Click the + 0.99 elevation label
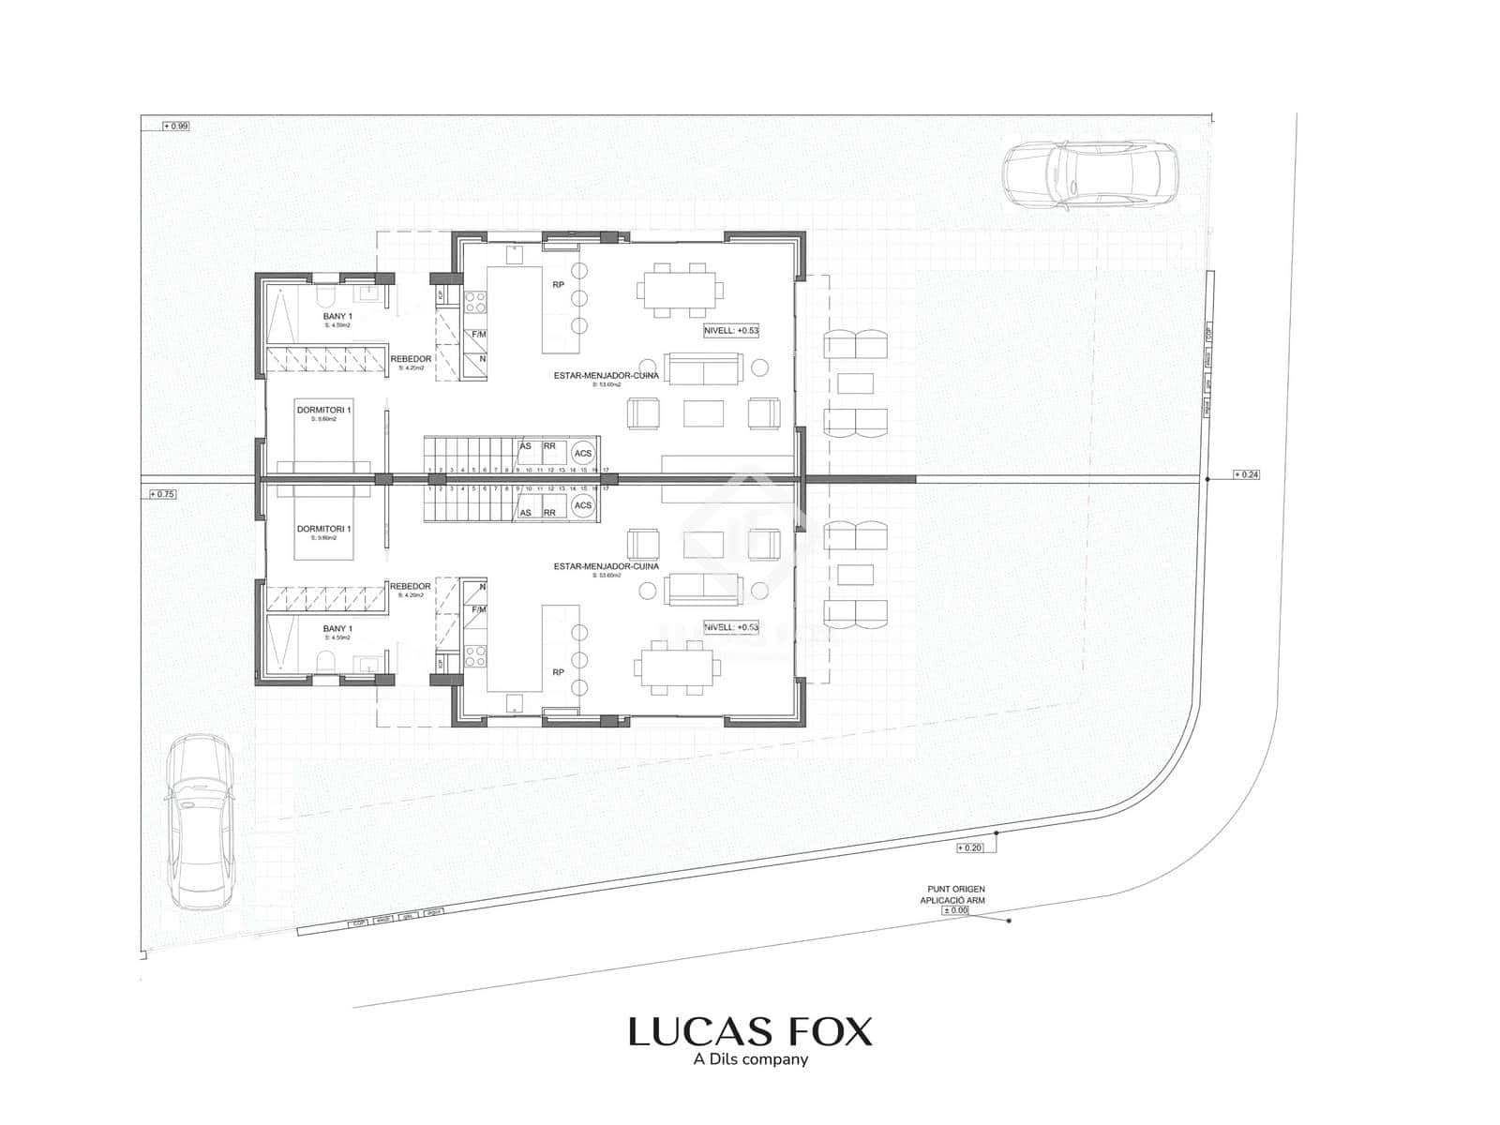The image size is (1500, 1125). point(175,126)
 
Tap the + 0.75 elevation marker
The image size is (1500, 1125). point(162,494)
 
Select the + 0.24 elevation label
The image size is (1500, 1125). point(1246,474)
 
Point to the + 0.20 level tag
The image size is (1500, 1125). point(970,848)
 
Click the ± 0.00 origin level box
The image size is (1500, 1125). point(955,910)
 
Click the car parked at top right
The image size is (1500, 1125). point(1088,173)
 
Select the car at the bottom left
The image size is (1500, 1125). point(200,820)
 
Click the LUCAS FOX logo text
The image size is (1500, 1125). point(750,1032)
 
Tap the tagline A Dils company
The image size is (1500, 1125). point(750,1060)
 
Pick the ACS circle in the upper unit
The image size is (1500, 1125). point(583,454)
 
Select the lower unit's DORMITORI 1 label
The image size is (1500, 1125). point(323,530)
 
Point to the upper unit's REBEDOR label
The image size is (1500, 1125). point(412,359)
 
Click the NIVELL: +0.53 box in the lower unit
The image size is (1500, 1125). point(731,627)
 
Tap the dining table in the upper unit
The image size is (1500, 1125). point(680,290)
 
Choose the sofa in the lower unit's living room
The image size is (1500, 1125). point(704,589)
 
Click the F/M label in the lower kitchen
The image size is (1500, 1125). point(479,609)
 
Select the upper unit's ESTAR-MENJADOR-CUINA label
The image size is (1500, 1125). point(606,375)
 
